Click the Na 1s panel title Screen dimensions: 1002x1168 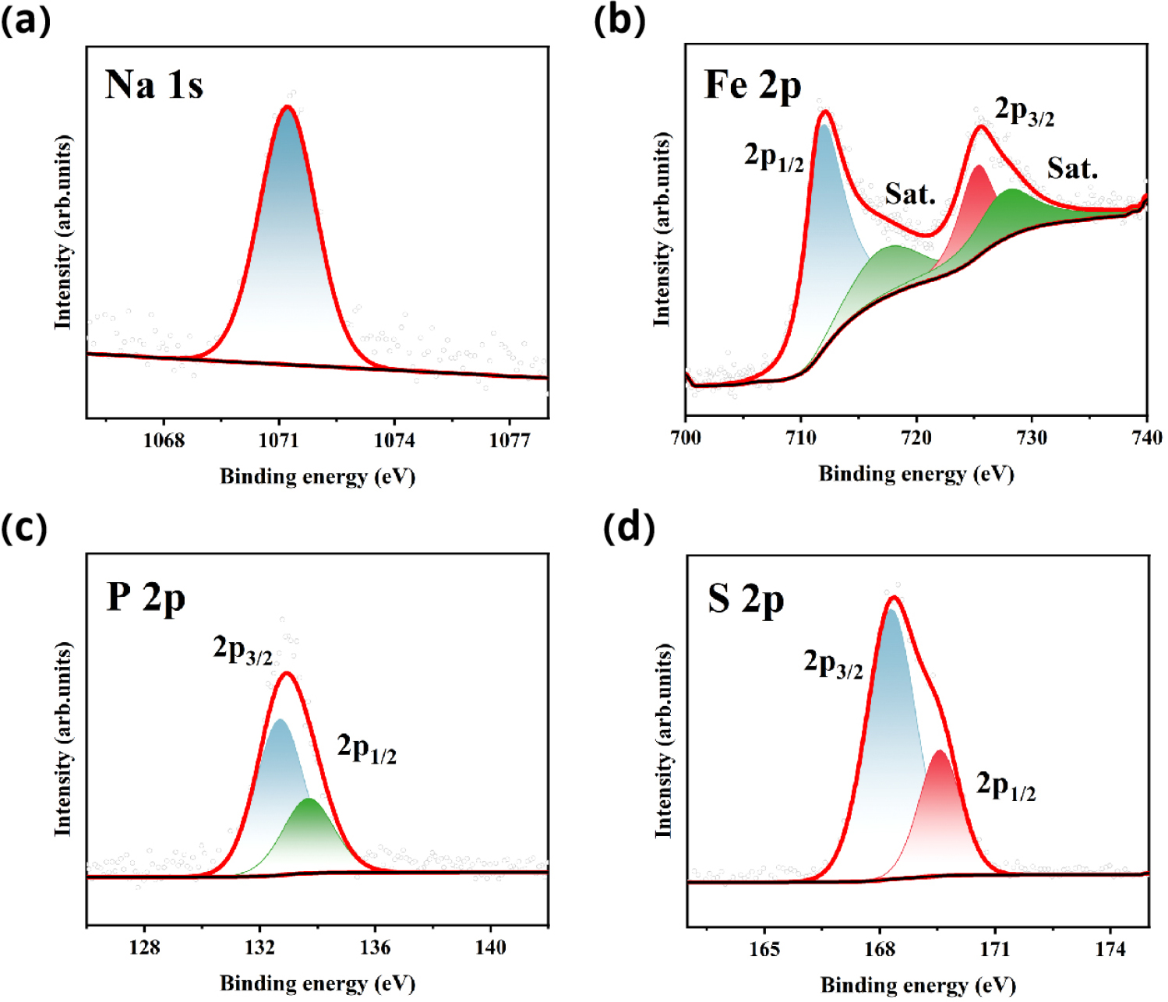pyautogui.click(x=153, y=85)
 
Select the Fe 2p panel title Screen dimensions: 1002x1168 pyautogui.click(x=753, y=85)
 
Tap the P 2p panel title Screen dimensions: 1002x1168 pyautogui.click(x=146, y=598)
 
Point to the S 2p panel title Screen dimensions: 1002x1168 pyautogui.click(x=746, y=600)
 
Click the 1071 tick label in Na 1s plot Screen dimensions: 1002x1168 pyautogui.click(x=279, y=441)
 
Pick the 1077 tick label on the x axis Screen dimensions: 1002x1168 pyautogui.click(x=510, y=441)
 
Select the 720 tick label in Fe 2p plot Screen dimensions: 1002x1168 pyautogui.click(x=916, y=438)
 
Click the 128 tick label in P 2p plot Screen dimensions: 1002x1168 pyautogui.click(x=144, y=947)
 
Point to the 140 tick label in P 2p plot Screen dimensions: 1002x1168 pyautogui.click(x=490, y=947)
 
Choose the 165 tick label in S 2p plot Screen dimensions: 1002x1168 pyautogui.click(x=764, y=949)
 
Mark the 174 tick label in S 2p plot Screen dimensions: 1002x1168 pyautogui.click(x=1110, y=949)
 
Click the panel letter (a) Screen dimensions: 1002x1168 pyautogui.click(x=26, y=20)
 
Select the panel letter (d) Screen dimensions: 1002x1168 pyautogui.click(x=629, y=527)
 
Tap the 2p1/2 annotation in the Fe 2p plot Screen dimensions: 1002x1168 pyautogui.click(x=774, y=158)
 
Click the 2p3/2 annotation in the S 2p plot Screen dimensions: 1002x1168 pyautogui.click(x=833, y=665)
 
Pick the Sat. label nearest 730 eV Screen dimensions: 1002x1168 pyautogui.click(x=1072, y=168)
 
